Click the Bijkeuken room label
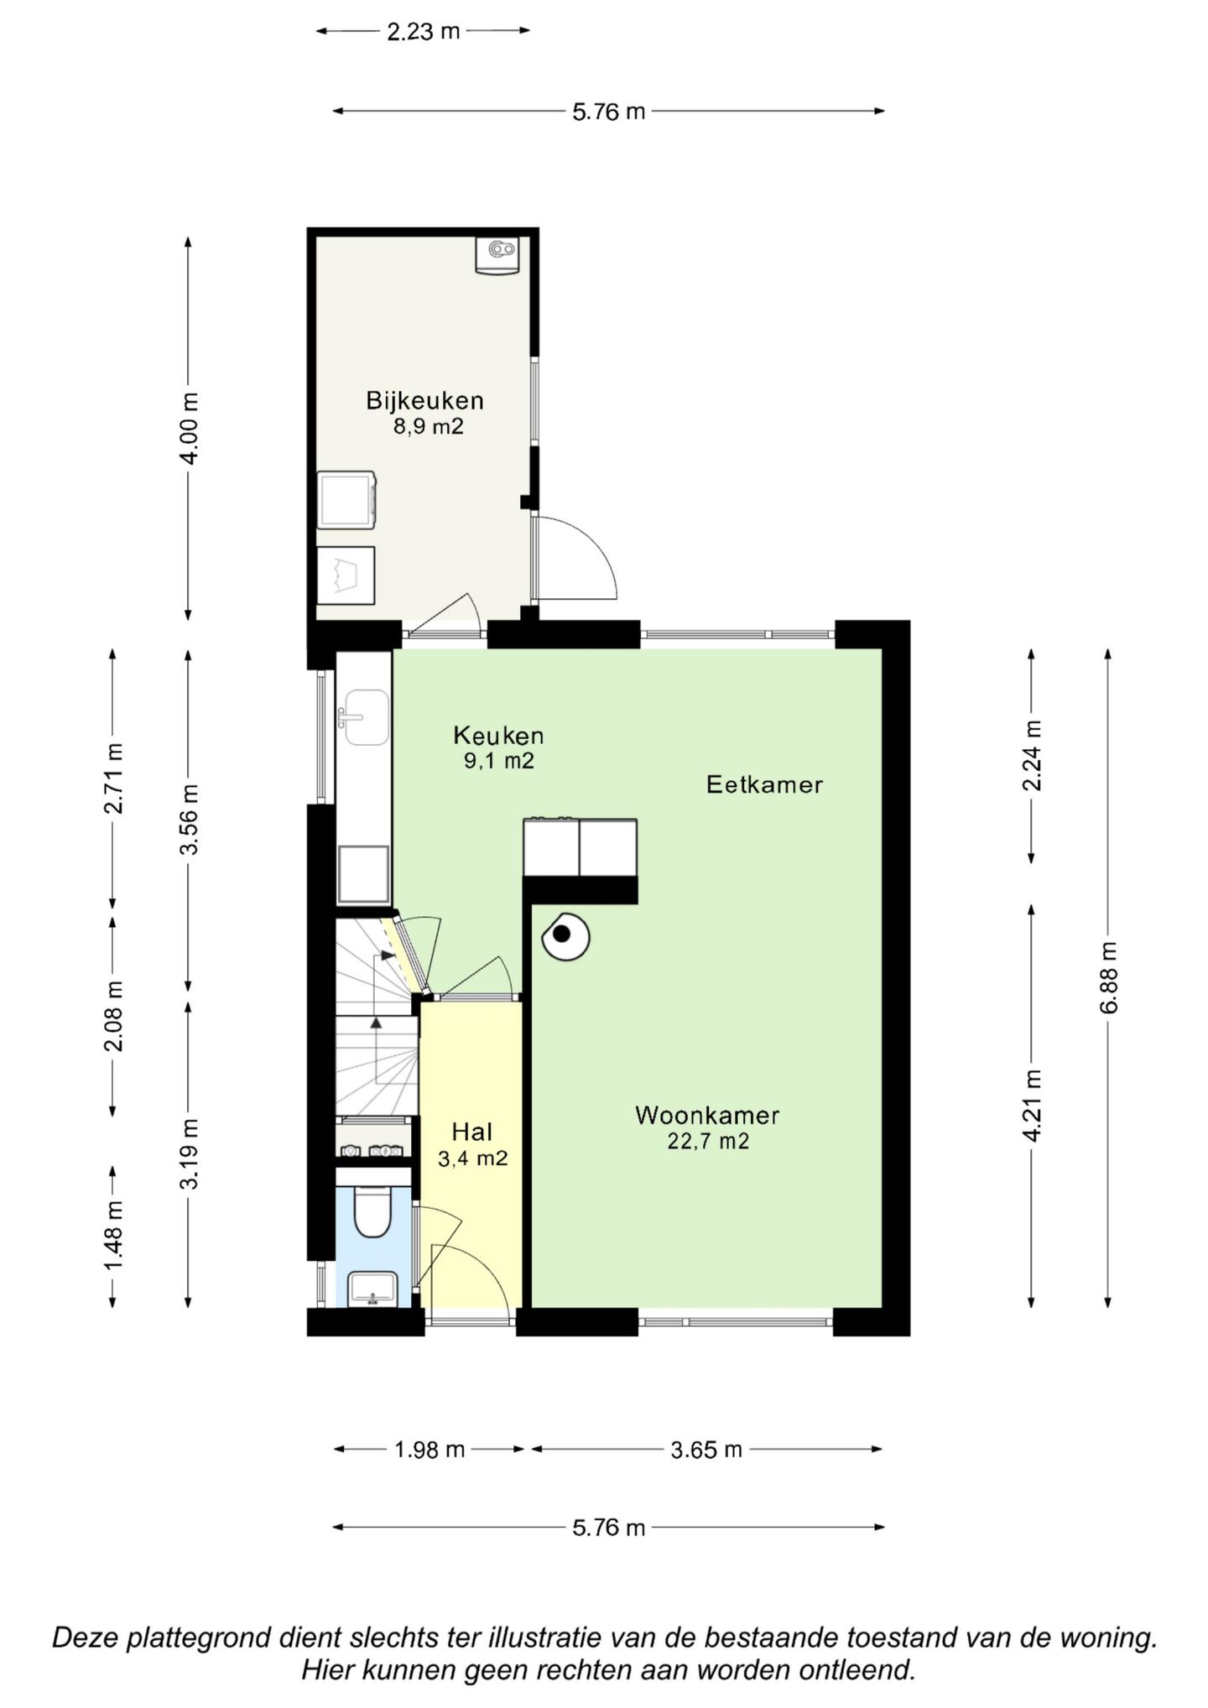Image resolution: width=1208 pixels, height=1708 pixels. coord(424,400)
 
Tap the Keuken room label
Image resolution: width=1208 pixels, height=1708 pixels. coord(498,736)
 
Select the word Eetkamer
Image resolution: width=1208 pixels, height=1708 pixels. coord(764,784)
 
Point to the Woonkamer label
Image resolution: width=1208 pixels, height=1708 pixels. coord(707,1115)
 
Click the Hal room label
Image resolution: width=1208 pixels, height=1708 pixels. coord(471,1132)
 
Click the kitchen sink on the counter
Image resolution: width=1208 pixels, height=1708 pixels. coord(364,717)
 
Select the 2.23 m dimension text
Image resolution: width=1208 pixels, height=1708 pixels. coord(424,32)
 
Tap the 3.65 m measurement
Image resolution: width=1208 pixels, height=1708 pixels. coord(706,1449)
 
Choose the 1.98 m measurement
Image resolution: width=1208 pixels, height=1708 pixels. coord(429,1449)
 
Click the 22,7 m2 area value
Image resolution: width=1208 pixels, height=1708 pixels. coord(708,1141)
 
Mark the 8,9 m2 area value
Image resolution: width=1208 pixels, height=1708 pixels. coord(429,426)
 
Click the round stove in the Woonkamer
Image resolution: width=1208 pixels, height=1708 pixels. coord(565,936)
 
